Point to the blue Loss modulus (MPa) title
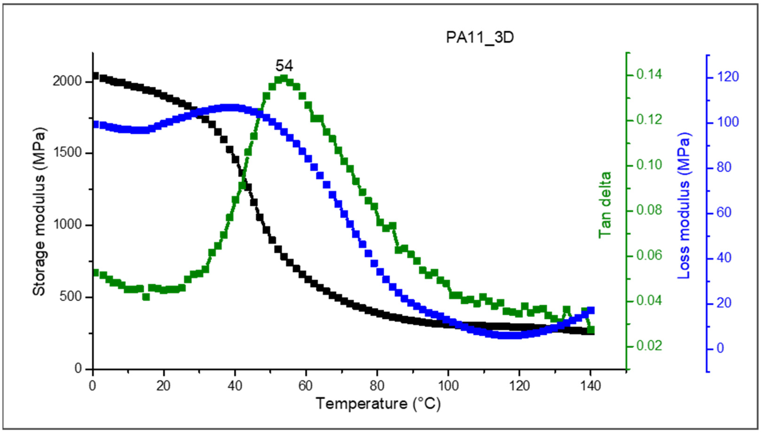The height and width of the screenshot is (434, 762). (684, 206)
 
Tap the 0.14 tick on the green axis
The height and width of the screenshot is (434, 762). (649, 75)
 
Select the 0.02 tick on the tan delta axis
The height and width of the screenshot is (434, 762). (649, 346)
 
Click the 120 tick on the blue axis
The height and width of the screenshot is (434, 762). (728, 77)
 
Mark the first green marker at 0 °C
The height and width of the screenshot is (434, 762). (95, 272)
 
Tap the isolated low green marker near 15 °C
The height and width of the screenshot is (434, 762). (146, 297)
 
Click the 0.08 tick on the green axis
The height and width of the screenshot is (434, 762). (649, 210)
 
